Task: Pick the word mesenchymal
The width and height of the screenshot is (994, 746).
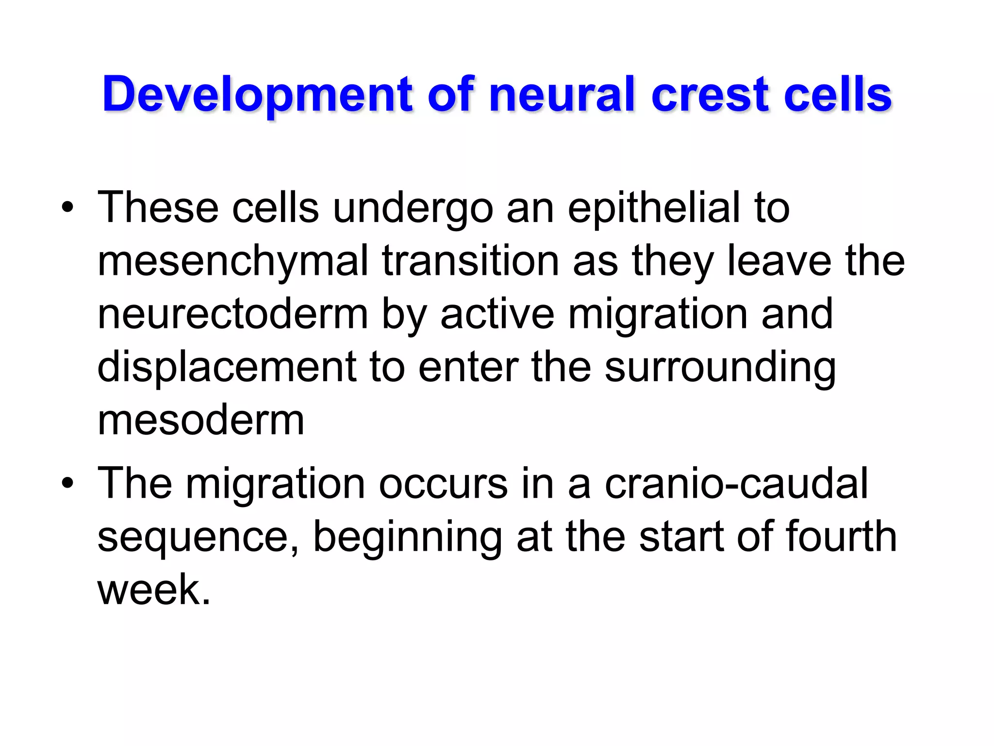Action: (x=233, y=262)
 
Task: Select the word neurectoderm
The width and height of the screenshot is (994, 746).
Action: (x=233, y=315)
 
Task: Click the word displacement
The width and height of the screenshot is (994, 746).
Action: (x=227, y=368)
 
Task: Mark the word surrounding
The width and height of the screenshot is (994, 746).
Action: (x=720, y=368)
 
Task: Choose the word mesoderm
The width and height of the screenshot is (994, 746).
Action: (x=201, y=420)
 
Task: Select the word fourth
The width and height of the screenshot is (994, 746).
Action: (x=841, y=537)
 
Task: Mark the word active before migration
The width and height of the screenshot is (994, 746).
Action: (x=497, y=315)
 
